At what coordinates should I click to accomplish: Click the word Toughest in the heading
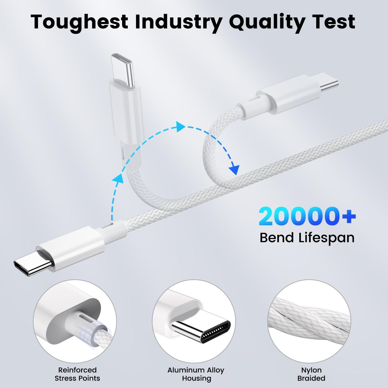[80, 22]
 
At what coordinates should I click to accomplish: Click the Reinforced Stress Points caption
[77, 374]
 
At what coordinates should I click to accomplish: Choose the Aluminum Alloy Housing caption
[196, 374]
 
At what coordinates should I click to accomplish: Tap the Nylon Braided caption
[311, 374]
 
